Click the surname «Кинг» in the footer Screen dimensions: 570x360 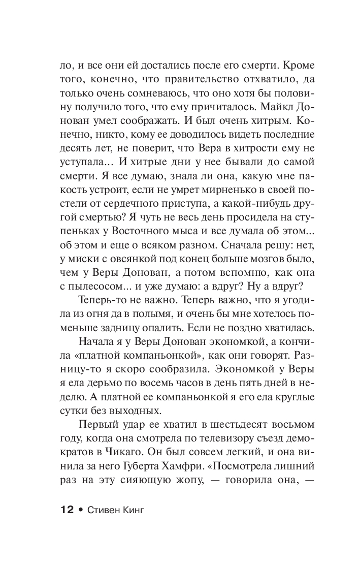pos(129,509)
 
